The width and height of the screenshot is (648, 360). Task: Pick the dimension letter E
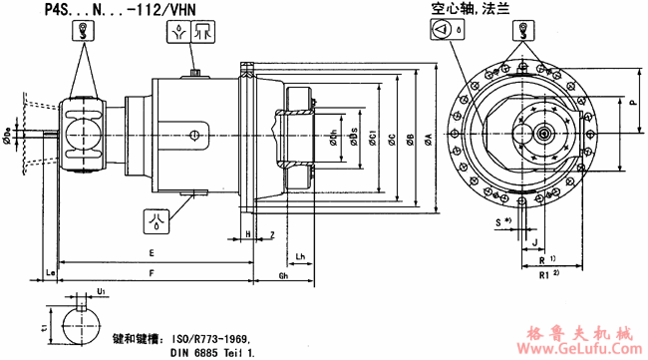click(151, 253)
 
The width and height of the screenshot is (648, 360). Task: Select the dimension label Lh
click(300, 253)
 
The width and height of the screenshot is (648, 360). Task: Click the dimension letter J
click(534, 241)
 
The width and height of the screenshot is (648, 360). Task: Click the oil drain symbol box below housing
click(156, 215)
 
